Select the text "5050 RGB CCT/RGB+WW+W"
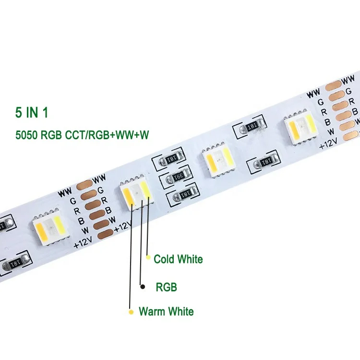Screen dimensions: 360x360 (82, 136)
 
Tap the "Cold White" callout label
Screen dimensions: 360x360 (178, 260)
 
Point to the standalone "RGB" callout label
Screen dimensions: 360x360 (166, 288)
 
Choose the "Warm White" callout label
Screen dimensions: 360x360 (166, 312)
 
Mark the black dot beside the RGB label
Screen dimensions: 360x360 (142, 287)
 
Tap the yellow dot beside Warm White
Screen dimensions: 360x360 (130, 312)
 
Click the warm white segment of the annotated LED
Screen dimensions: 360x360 (128, 196)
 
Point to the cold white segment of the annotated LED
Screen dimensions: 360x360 (146, 192)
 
